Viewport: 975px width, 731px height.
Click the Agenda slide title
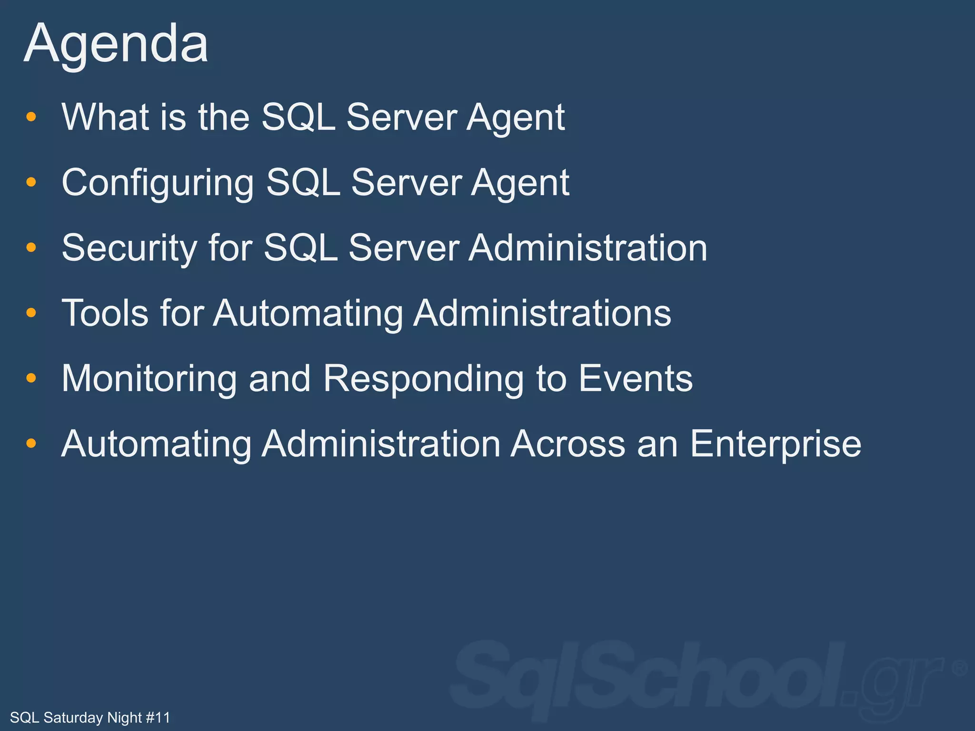[x=116, y=44]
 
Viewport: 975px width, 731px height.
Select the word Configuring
[x=158, y=183]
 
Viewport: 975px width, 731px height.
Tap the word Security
[x=129, y=248]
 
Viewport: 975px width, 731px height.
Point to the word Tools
[x=105, y=313]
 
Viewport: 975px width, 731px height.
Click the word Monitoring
[x=149, y=379]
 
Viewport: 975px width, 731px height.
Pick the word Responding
[x=423, y=379]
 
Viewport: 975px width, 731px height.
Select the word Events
[x=636, y=379]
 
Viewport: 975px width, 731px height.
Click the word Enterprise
[x=776, y=444]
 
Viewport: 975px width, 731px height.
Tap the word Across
[x=567, y=444]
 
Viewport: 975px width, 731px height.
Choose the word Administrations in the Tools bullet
[x=542, y=313]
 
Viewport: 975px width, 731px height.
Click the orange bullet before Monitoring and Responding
[x=31, y=378]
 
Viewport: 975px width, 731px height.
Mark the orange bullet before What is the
[x=31, y=117]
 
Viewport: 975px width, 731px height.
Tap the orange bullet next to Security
[x=31, y=247]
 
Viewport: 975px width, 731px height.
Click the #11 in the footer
[x=158, y=717]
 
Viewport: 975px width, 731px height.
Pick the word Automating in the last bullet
[x=156, y=444]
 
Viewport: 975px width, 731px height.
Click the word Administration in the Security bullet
[x=587, y=248]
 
